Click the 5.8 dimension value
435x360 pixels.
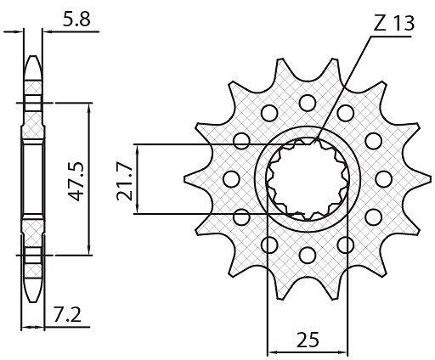click(76, 20)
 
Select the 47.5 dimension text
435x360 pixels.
click(77, 181)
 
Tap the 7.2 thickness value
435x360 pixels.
click(67, 315)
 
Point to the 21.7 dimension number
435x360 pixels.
click(125, 183)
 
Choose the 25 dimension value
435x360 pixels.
click(308, 340)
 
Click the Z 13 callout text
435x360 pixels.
click(393, 23)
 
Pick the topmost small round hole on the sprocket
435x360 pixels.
click(308, 103)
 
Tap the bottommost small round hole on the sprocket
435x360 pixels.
click(308, 255)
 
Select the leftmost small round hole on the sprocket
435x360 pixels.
click(231, 179)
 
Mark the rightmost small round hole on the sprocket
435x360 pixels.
click(384, 179)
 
